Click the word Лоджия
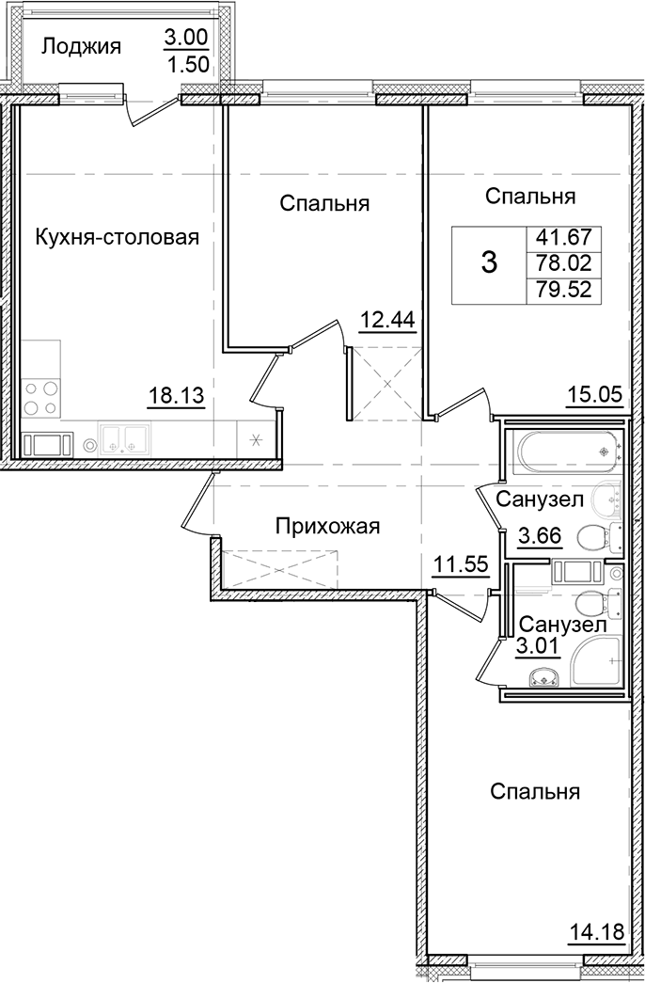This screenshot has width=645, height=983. click(x=81, y=46)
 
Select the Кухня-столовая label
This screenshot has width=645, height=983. click(x=118, y=237)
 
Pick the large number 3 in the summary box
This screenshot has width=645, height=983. click(x=488, y=262)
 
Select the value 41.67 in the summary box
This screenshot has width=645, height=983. click(x=564, y=239)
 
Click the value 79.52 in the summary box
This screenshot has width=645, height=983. click(x=564, y=290)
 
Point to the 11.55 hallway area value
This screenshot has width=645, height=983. click(x=459, y=563)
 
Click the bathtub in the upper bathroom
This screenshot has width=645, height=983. click(x=562, y=454)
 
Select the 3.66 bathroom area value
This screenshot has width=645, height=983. click(x=541, y=538)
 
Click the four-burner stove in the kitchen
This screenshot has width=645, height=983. click(x=39, y=398)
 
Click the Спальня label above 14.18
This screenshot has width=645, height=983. click(x=534, y=792)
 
